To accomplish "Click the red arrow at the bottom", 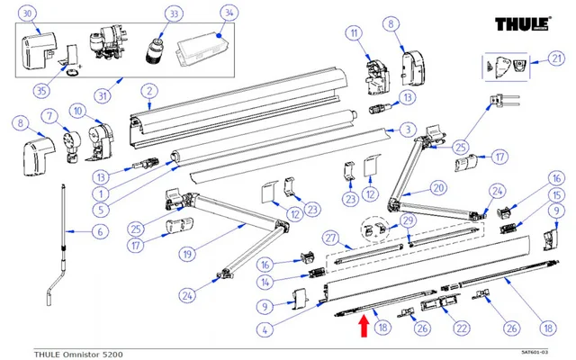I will tap(362, 325).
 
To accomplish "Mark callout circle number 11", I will tap(354, 34).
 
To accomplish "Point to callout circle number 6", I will tap(100, 231).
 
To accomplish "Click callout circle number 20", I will tap(438, 189).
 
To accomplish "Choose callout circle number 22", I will tap(461, 328).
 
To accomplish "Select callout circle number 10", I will tap(77, 112).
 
